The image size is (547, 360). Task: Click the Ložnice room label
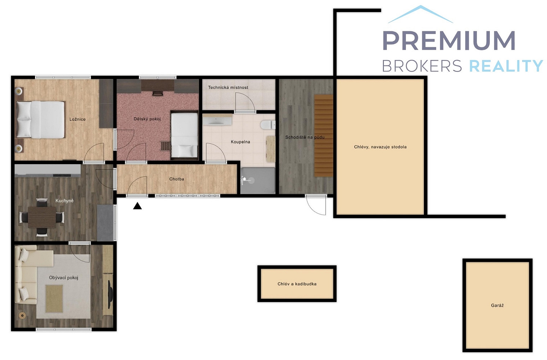point(77,119)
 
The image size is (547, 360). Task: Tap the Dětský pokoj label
point(147,119)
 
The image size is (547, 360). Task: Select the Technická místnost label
point(228,87)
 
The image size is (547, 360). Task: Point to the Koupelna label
point(240,141)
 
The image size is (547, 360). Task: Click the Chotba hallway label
point(177,179)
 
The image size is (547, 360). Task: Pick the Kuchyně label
point(64,201)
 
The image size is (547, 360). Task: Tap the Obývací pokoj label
point(63,278)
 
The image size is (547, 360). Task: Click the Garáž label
point(497,305)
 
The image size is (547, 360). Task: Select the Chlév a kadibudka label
point(297,284)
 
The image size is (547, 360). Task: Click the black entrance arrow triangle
point(137,206)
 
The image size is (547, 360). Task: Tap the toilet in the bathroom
point(268,125)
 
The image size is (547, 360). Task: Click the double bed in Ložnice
point(40,120)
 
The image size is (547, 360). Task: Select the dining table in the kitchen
point(42,217)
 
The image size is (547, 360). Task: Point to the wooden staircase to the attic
point(324,136)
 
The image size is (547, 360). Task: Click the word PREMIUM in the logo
point(449,40)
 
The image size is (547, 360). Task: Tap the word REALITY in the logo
point(506,66)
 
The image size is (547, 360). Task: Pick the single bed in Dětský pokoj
point(184,135)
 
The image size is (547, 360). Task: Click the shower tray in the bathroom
point(258,180)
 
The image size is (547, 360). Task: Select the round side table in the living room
point(22,316)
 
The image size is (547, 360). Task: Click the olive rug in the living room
point(54,298)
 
